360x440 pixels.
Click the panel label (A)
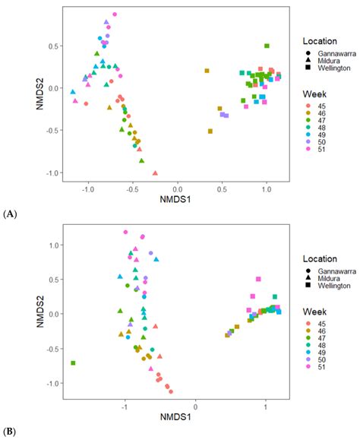[10, 215]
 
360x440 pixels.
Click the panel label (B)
[10, 431]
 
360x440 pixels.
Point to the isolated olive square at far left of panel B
[73, 363]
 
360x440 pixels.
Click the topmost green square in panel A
[267, 46]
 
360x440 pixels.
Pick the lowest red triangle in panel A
[155, 173]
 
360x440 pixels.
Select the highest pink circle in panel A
[115, 14]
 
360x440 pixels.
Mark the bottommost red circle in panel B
[171, 391]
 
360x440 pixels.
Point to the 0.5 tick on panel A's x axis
[222, 187]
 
